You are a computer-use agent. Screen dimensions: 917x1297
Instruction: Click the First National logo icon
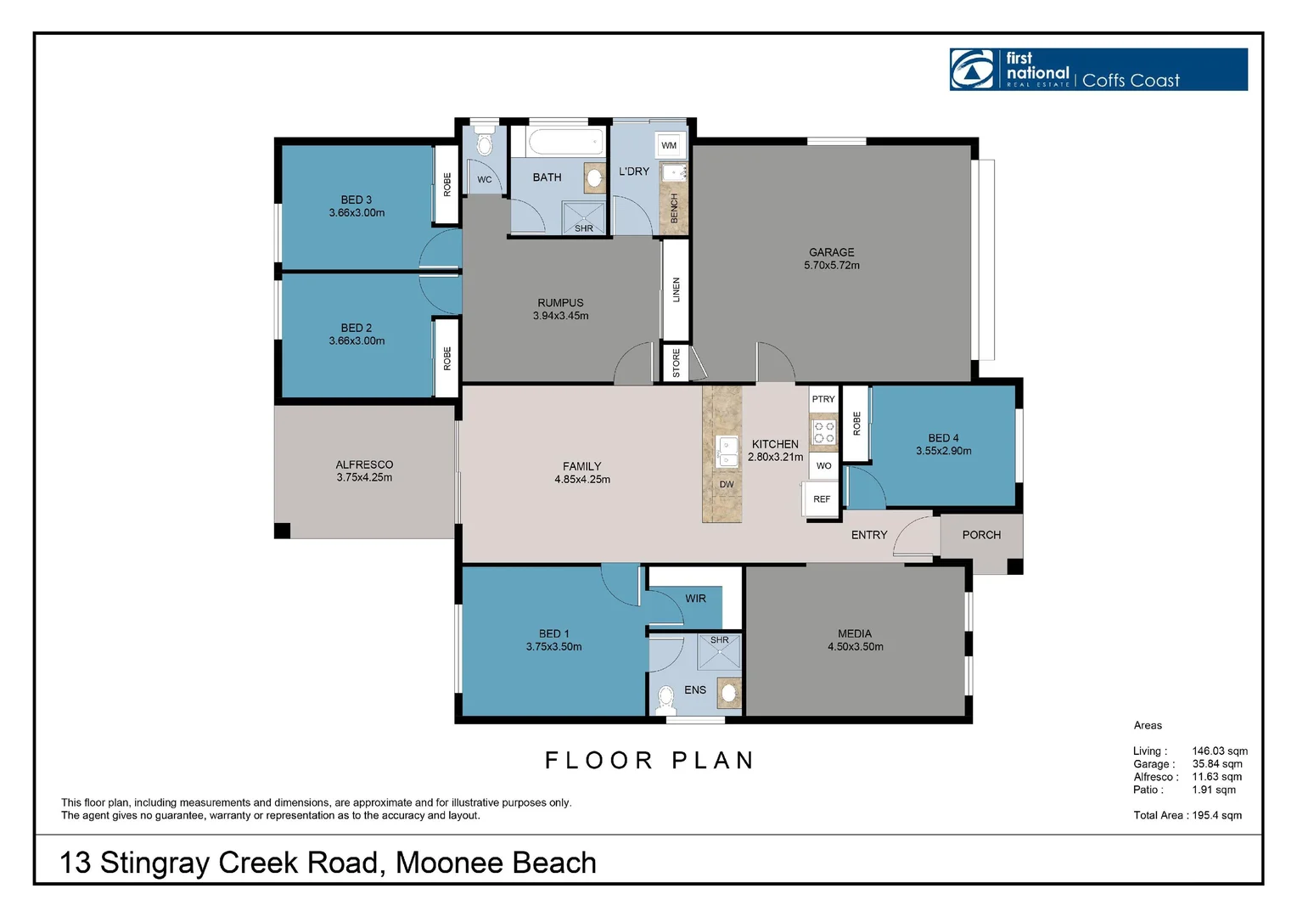[973, 70]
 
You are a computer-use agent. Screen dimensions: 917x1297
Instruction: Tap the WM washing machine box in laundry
[669, 145]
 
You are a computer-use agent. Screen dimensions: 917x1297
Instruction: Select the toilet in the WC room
[485, 142]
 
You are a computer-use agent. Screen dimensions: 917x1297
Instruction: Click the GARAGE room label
[831, 252]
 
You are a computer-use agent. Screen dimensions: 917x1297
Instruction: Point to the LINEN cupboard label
[676, 290]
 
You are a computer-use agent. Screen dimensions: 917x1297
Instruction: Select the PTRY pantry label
[823, 399]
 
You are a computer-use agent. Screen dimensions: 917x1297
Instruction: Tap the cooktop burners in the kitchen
[823, 432]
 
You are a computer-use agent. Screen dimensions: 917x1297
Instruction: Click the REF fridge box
[821, 499]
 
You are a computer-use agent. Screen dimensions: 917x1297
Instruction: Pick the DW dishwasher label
[727, 485]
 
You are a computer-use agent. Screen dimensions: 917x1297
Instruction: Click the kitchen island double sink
[727, 452]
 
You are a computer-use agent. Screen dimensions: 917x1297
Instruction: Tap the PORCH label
[981, 535]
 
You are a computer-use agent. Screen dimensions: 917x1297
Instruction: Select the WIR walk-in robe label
[695, 599]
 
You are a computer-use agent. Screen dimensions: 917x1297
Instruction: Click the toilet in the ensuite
[666, 697]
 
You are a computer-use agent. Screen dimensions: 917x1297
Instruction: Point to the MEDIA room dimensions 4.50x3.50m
[855, 647]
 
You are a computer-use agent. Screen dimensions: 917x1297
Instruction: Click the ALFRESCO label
[364, 464]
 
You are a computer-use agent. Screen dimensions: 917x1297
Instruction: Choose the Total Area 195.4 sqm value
[1217, 815]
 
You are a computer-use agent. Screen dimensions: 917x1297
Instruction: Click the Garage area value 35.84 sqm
[1217, 764]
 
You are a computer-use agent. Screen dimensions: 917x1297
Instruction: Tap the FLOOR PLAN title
[649, 760]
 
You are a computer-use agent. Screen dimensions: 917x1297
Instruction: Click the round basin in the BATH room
[594, 177]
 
